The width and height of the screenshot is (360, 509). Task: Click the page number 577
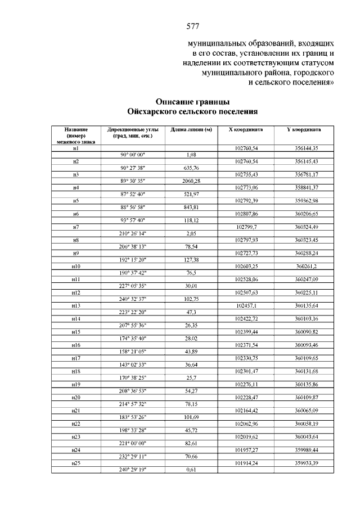point(193,26)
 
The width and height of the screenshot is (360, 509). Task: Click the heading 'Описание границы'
point(192,102)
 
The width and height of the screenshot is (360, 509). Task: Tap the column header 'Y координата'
point(304,129)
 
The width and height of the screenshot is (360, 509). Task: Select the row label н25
point(75,463)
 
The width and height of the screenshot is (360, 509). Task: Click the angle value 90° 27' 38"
point(133,168)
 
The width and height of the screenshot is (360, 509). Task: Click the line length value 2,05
point(191,233)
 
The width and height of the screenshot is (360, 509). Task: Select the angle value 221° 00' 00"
point(133,443)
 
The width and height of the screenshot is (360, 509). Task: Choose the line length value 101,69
point(192,417)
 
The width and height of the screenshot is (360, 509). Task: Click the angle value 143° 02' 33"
point(133,364)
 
